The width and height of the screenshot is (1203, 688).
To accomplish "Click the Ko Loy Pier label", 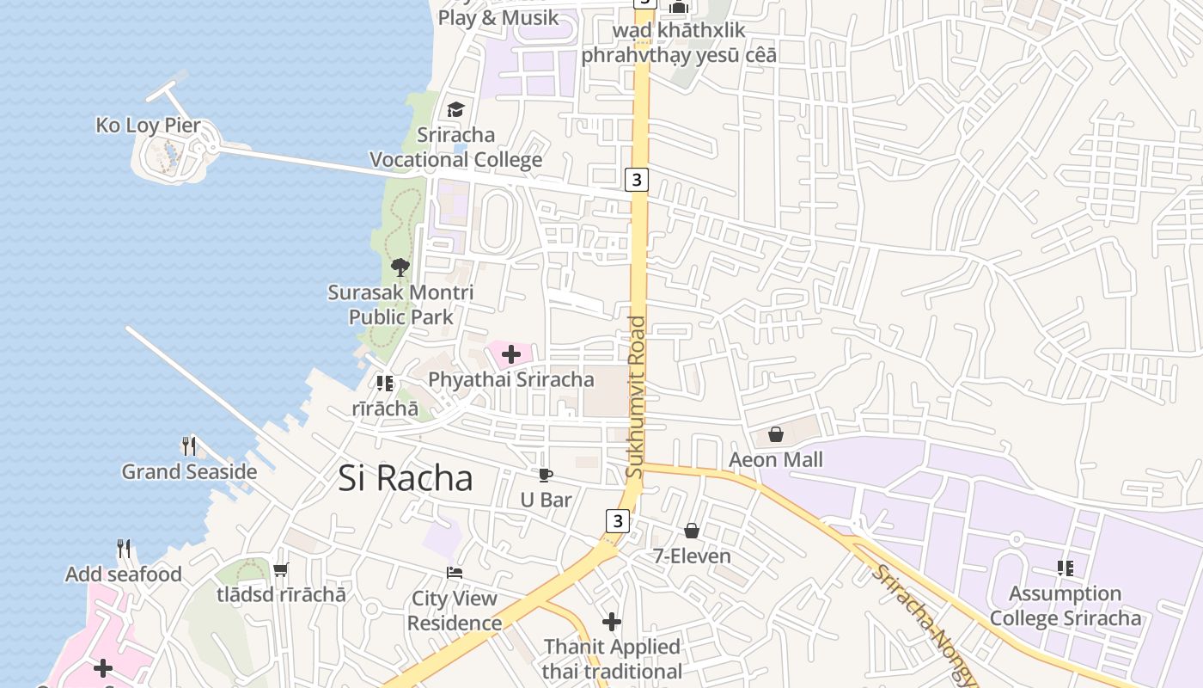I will [x=148, y=126].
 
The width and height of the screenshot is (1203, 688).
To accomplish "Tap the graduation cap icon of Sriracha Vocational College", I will [x=455, y=110].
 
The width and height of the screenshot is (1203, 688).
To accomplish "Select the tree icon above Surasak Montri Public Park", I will [x=400, y=267].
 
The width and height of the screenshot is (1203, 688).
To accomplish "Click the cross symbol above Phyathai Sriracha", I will [x=511, y=354].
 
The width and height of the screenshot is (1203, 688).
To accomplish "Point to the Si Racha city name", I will [x=405, y=479].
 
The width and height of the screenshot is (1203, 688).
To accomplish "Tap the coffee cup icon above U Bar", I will [x=546, y=475].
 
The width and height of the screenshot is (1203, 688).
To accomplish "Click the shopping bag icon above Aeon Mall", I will [x=776, y=434].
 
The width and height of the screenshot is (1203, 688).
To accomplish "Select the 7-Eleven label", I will [x=692, y=556].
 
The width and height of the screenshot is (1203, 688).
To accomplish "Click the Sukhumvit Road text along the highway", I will [x=636, y=397].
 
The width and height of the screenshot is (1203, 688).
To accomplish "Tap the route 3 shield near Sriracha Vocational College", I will [x=636, y=180].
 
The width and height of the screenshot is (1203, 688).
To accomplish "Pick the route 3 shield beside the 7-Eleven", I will [x=617, y=521].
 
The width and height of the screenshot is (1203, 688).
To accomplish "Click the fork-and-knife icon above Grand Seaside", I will [x=189, y=446].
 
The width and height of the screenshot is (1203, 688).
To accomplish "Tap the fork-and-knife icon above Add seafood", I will [x=124, y=549].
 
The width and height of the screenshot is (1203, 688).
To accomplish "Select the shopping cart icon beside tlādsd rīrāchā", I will [x=281, y=569].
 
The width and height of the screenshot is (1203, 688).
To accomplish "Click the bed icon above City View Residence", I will [x=455, y=573].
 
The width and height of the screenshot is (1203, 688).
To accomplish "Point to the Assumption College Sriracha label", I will [x=1066, y=606].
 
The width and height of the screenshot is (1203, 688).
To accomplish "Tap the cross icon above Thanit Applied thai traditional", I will [x=612, y=622].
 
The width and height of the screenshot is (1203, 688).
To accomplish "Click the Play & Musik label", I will [x=498, y=18].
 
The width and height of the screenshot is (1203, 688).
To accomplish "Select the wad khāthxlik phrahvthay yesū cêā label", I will [x=679, y=43].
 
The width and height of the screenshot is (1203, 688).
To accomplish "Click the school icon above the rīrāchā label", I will [x=384, y=384].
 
